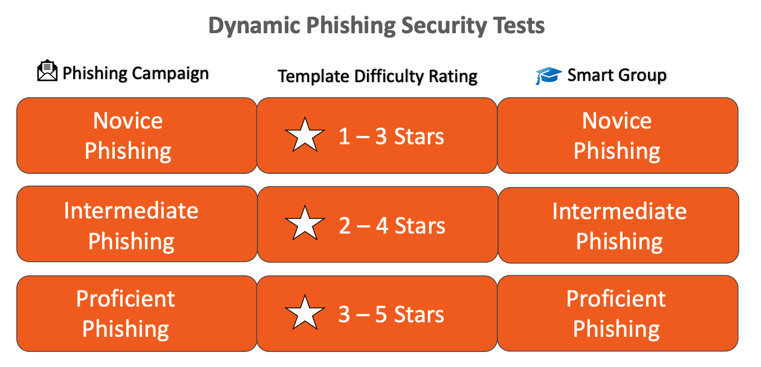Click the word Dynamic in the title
coord(254,26)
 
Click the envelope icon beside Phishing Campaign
coord(47,71)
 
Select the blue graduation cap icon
coord(548,75)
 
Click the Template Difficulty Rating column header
coord(377,76)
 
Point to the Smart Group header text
coord(617,75)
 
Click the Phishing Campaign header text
coord(135,73)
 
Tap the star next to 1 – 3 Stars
coord(305,135)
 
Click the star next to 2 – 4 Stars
coord(305,223)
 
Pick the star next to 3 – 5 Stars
coord(305,313)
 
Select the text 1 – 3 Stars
coord(391,136)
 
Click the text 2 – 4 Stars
coord(392,226)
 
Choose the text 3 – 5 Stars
coord(391,314)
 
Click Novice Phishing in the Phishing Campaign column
coord(128,136)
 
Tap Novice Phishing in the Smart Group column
coord(617,136)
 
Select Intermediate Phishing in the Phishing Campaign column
coord(131,226)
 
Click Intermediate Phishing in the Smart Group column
coord(619,226)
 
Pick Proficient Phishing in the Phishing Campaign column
coord(125,314)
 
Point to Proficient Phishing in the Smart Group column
coord(616,314)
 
